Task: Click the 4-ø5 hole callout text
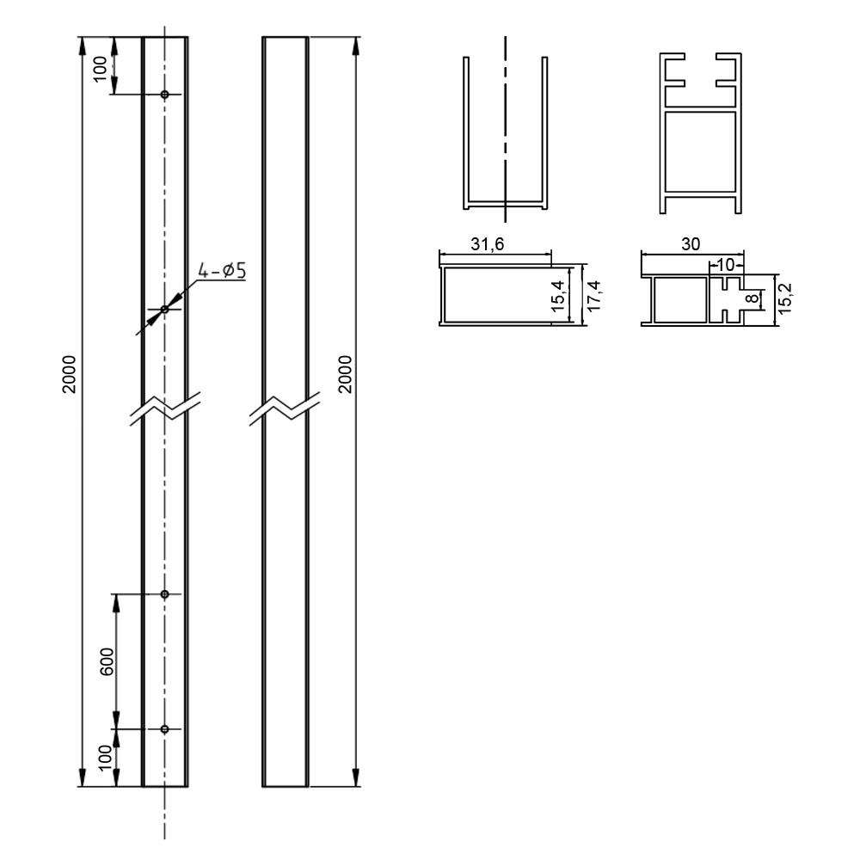tap(222, 271)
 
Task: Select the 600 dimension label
tap(107, 660)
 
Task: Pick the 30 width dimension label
tap(690, 244)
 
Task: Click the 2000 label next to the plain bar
tap(344, 372)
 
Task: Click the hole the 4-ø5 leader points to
tap(165, 309)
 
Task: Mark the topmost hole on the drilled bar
tap(165, 94)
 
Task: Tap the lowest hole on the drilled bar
tap(165, 729)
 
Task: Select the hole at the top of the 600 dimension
tap(165, 593)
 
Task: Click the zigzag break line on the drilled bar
tap(165, 408)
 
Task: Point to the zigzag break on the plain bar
tap(285, 408)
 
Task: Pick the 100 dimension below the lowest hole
tap(105, 758)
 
